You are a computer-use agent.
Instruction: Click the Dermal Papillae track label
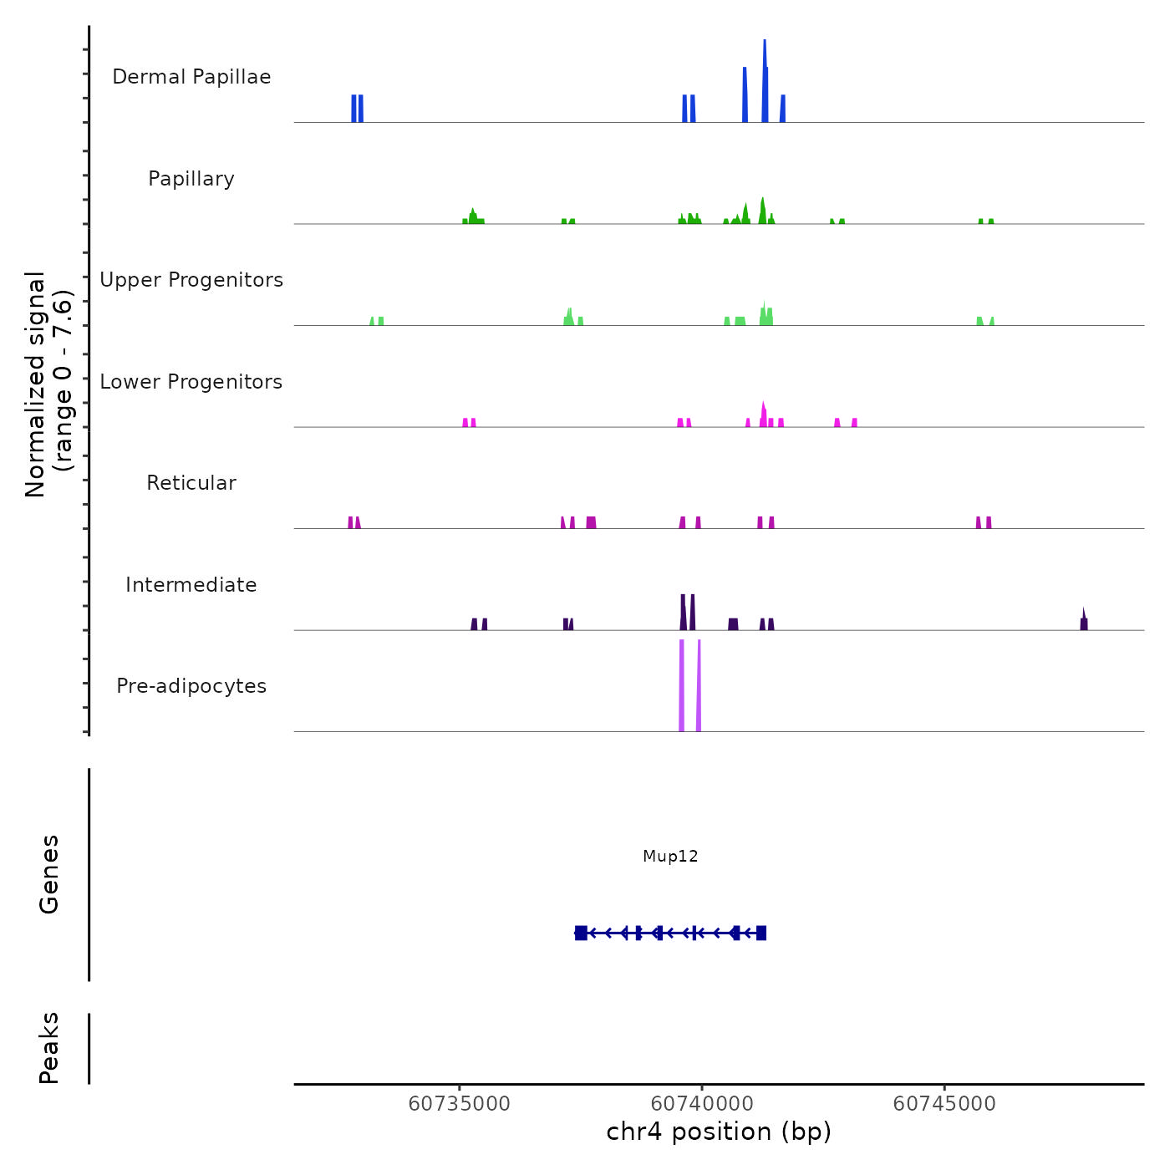(191, 77)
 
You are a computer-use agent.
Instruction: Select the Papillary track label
(191, 179)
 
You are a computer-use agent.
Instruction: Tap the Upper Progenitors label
(191, 280)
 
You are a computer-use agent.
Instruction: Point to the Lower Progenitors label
(191, 382)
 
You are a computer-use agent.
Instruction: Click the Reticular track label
(191, 483)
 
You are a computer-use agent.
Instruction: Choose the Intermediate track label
(191, 585)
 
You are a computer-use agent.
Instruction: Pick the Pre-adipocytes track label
(191, 686)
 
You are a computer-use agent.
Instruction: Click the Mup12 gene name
(670, 856)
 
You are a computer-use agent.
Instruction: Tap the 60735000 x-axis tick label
(459, 1104)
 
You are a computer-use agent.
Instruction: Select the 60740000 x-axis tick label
(702, 1104)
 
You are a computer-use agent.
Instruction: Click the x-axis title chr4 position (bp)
(719, 1132)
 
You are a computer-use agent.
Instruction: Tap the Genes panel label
(49, 873)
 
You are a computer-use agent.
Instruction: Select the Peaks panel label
(49, 1047)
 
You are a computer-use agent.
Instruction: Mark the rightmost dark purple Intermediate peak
(1084, 621)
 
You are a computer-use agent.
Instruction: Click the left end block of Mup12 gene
(581, 933)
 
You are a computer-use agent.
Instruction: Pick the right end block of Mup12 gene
(761, 933)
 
